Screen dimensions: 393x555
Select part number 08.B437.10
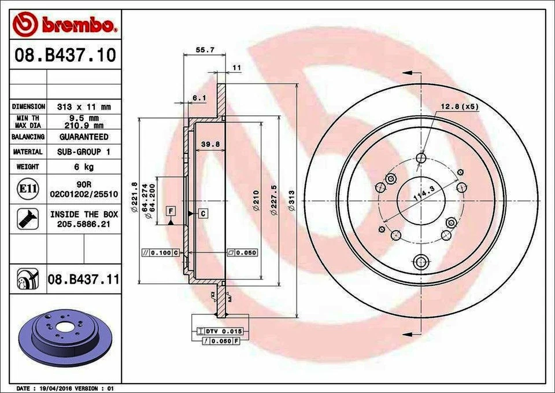point(65,56)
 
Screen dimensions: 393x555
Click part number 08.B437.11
point(83,280)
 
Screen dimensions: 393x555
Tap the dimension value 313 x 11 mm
point(84,107)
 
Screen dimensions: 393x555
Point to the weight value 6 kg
point(84,167)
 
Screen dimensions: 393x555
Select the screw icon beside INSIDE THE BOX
point(28,218)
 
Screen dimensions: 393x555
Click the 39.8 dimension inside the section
point(207,144)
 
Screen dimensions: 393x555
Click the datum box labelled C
point(204,214)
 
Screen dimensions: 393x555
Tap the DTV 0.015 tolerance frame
point(223,331)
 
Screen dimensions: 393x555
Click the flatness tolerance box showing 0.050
point(242,253)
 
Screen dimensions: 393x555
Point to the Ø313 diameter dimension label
point(293,200)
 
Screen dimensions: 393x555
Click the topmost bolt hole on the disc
point(421,158)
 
